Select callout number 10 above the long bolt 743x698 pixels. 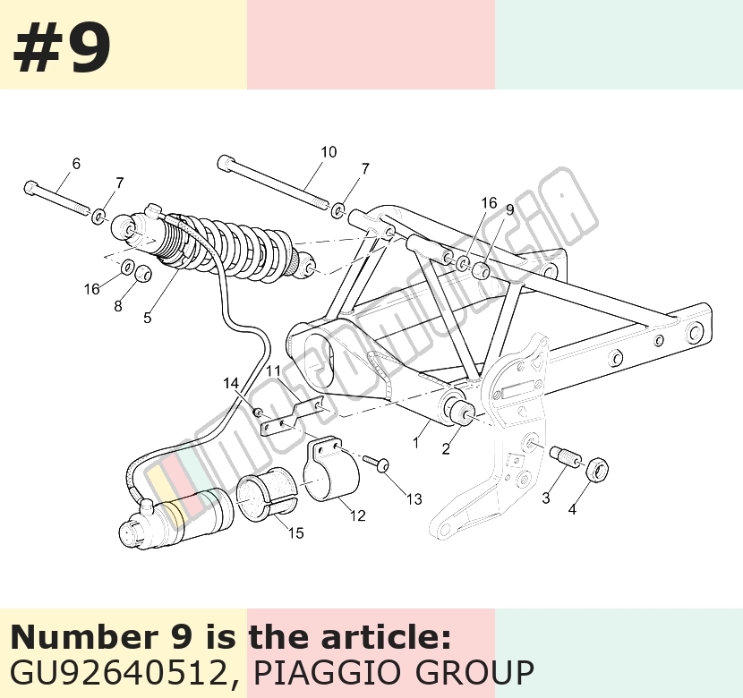tap(329, 152)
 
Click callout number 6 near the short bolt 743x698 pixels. tap(76, 164)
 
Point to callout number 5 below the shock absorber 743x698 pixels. tap(148, 318)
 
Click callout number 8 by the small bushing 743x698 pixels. tap(118, 306)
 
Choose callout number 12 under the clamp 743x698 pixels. tap(358, 515)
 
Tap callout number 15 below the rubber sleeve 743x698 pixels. tap(295, 533)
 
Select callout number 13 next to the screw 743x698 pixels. tap(414, 499)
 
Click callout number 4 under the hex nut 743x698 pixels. tap(572, 510)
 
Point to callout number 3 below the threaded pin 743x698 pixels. tap(546, 498)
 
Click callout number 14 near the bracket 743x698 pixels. tap(231, 384)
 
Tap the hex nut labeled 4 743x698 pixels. tap(597, 469)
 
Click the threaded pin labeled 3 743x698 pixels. tap(565, 456)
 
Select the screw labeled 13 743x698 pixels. tap(377, 463)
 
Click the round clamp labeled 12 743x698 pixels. tap(331, 468)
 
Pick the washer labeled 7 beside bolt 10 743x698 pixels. tap(337, 209)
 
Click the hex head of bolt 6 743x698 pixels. tap(30, 187)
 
